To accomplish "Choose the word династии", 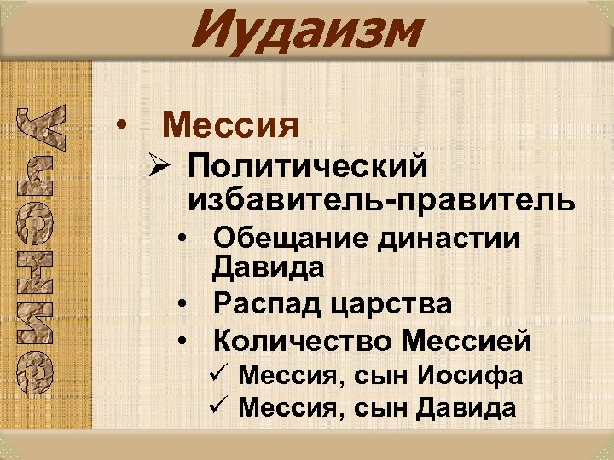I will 452,238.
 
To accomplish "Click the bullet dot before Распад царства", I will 183,303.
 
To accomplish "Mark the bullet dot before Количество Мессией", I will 183,342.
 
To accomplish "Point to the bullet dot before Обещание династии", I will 183,239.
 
